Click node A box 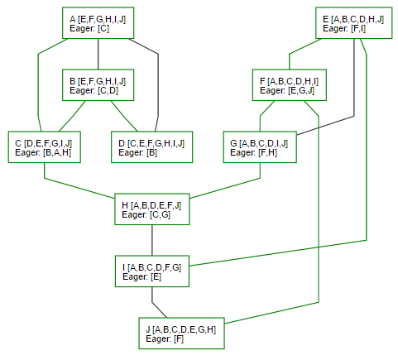[98, 23]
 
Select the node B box [98, 85]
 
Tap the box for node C [45, 147]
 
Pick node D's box [151, 147]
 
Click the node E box [353, 23]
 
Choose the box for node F [290, 85]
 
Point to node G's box [260, 147]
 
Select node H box [152, 209]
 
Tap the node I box [152, 271]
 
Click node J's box [181, 334]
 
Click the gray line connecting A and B [98, 54]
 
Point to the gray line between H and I [152, 240]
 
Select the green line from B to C [72, 116]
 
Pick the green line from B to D [124, 116]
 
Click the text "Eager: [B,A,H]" [43, 152]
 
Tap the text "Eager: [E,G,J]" [287, 90]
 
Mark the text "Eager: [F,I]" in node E [344, 28]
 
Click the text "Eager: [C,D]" [94, 90]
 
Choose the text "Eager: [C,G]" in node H [146, 214]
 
